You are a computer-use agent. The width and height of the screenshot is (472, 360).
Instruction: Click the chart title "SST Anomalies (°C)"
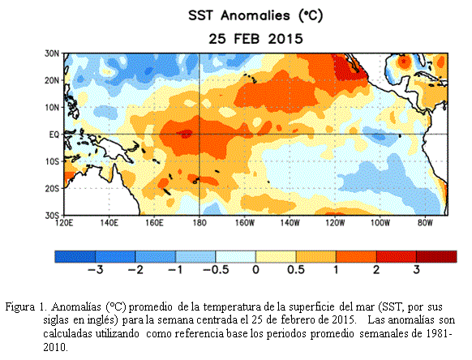coord(255,15)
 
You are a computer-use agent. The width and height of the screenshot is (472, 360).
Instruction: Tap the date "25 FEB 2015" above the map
coord(255,39)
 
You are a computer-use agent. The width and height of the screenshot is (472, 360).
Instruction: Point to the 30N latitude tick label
coord(52,54)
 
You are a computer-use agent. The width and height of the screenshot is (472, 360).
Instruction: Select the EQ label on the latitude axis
coord(54,135)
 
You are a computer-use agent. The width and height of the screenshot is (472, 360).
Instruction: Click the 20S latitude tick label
coord(52,189)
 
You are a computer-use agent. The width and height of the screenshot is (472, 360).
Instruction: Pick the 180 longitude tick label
coord(199,223)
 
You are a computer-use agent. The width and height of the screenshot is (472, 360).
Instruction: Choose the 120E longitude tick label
coord(64,223)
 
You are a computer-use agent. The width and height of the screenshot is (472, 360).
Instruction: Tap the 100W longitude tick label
coord(380,223)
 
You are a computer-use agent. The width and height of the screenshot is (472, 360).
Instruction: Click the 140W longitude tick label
coord(290,223)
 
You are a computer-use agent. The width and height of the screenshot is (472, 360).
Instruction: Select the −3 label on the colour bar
coord(96,270)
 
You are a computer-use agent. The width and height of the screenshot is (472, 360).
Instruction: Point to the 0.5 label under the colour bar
coord(295,270)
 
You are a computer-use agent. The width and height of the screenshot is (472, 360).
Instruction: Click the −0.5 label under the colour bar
coord(216,270)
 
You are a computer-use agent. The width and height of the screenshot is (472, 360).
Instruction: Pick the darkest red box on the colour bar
coord(436,256)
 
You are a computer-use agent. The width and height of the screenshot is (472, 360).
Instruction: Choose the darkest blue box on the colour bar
coord(75,256)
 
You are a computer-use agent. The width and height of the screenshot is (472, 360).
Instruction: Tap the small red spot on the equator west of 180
coord(187,133)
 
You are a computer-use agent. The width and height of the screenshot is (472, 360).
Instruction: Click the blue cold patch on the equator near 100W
coord(379,137)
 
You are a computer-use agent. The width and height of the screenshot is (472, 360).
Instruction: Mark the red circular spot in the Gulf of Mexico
coord(403,62)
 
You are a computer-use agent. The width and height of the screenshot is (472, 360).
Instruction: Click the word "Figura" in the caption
coord(19,307)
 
